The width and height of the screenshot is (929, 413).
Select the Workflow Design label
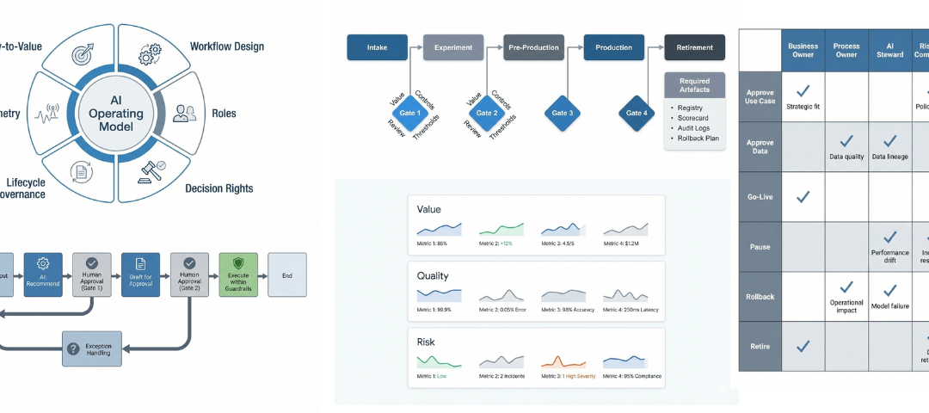226,46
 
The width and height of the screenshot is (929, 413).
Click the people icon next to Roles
185,113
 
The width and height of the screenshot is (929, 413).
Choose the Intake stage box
377,47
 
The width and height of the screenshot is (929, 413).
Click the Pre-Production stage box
533,47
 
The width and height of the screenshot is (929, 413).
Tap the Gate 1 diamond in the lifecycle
410,113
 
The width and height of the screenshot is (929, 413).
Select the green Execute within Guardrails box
238,275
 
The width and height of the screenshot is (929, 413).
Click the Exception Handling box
92,348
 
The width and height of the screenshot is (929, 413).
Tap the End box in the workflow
287,275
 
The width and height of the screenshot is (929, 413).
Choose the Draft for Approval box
140,275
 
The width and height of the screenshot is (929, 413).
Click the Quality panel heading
434,276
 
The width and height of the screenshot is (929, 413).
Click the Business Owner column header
803,50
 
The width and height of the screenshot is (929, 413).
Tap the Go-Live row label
760,197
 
